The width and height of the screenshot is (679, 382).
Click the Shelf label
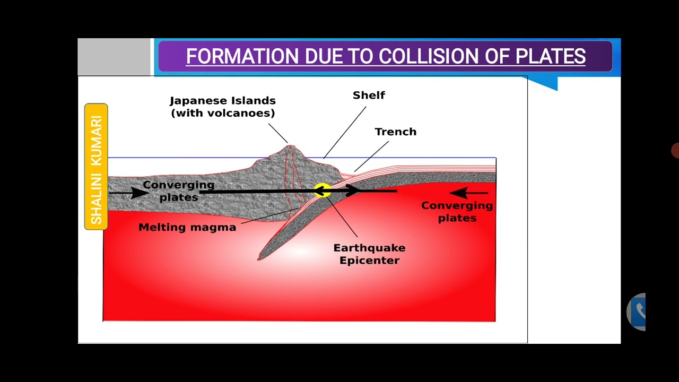pos(369,95)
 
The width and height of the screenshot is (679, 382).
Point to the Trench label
pos(395,132)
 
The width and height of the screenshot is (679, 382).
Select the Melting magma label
pos(187,227)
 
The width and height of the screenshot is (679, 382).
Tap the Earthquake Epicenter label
pos(369,254)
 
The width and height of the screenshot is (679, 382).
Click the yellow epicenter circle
pos(321,191)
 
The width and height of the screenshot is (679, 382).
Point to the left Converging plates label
pos(178,191)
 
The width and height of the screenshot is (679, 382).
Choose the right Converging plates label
pos(457,211)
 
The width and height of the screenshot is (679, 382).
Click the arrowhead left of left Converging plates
pos(139,192)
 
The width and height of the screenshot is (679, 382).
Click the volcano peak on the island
pos(290,147)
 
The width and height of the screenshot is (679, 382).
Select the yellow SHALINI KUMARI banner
pos(96,167)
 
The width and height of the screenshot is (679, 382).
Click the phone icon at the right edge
pos(638,311)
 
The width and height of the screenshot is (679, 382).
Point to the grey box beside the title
pos(114,57)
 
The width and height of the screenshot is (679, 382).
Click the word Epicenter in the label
pos(369,260)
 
